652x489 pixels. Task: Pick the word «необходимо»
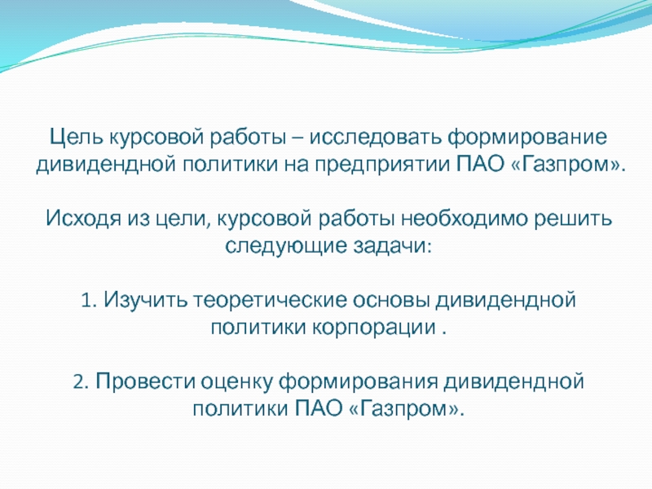click(465, 218)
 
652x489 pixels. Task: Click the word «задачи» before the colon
click(390, 246)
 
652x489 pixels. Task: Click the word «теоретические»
click(270, 301)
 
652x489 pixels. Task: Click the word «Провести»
click(146, 381)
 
